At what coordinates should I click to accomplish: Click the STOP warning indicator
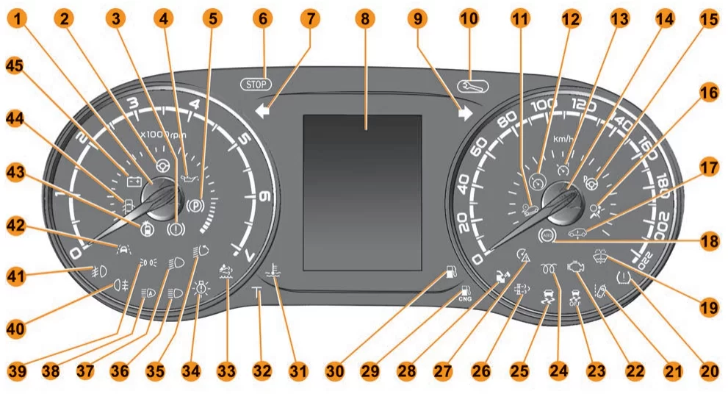point(255,84)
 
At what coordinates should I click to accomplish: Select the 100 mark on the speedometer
point(544,105)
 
